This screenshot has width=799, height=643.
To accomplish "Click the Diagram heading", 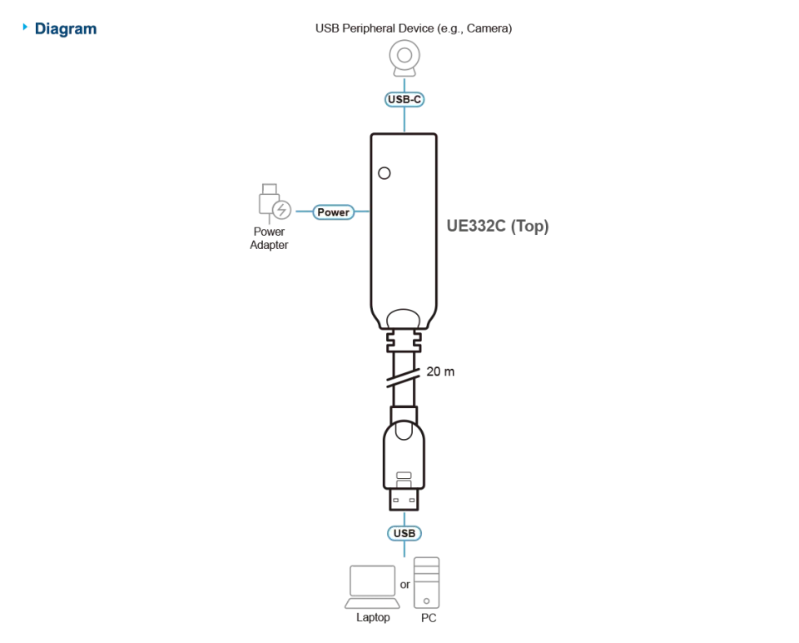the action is tap(66, 29).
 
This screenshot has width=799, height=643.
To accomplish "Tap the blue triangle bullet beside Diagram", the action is tap(25, 27).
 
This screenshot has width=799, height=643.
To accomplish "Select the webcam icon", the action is tap(404, 58).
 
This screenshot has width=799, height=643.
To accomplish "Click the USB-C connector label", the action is tap(404, 99).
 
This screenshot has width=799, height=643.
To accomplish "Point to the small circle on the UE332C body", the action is tap(385, 173).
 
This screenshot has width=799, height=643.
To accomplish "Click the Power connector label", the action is tap(333, 212).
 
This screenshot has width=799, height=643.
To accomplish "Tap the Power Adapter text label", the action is tap(269, 238).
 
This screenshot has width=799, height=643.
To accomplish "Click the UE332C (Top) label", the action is tap(498, 226).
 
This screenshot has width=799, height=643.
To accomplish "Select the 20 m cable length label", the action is tap(440, 371).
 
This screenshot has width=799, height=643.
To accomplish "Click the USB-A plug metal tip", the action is tap(404, 499).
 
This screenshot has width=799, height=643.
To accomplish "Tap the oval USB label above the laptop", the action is tap(404, 533).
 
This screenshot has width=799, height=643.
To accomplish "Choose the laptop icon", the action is tap(373, 587).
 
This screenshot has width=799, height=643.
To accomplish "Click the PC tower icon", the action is tap(426, 583).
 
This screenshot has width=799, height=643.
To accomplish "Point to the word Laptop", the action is tap(373, 617).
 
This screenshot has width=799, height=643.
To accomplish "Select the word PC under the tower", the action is tap(429, 618).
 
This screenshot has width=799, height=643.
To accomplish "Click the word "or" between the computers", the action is tap(405, 585).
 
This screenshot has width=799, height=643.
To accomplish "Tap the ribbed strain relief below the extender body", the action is tap(404, 340).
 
